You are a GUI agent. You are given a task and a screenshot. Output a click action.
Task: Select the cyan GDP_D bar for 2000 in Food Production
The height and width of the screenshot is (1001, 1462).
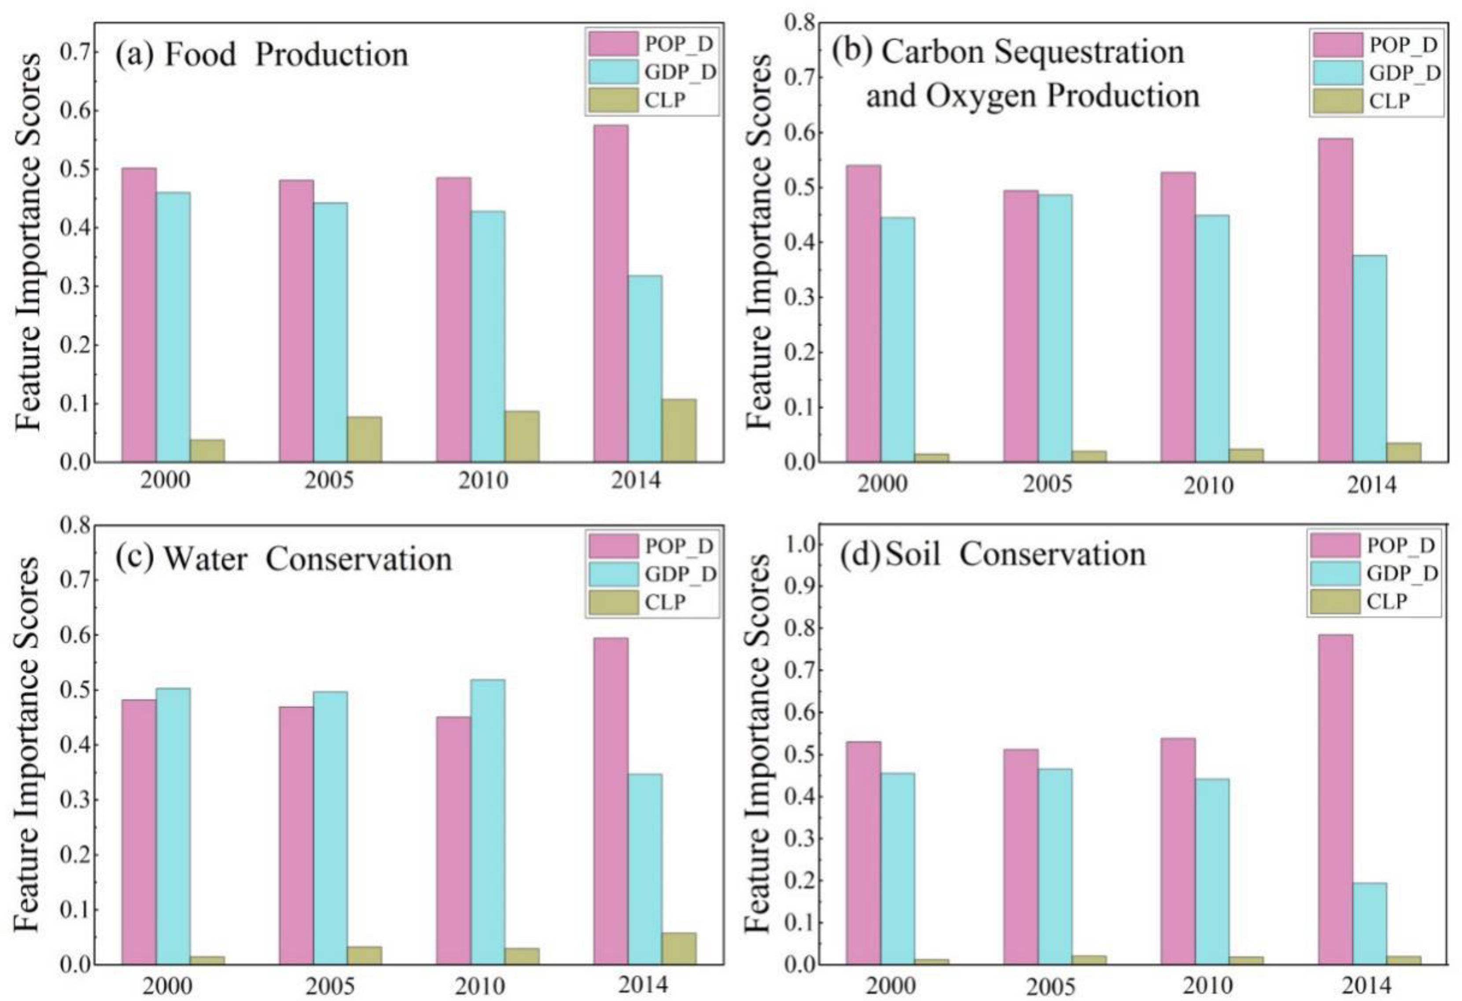173,327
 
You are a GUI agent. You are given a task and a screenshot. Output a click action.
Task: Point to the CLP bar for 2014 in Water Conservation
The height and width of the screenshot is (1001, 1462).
679,948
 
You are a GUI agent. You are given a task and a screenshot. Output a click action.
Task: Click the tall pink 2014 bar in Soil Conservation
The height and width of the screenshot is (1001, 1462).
1335,799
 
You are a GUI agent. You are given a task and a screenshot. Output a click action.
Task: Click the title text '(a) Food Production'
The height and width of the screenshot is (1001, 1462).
261,55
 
